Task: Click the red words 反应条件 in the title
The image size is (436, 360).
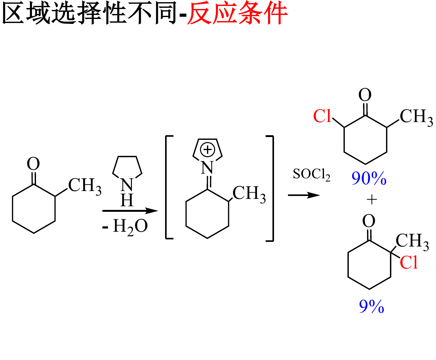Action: pos(237,13)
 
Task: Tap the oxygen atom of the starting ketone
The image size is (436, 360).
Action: pos(34,164)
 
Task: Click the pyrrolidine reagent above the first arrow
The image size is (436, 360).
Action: pos(127,174)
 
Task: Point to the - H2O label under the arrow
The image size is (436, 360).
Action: pos(125,227)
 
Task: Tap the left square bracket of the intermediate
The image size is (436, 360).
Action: pos(168,187)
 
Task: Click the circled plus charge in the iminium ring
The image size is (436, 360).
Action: pos(208,150)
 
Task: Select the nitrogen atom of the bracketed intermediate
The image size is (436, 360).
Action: pos(207,168)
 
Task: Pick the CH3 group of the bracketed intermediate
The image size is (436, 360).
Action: pos(249,194)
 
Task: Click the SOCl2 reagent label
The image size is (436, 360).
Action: pos(311,175)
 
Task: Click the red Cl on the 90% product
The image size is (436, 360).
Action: pos(322,116)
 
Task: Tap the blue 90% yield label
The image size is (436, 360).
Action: pos(369,179)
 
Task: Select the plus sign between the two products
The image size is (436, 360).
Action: pos(371,200)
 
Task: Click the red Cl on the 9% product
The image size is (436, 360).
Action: pos(409,263)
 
